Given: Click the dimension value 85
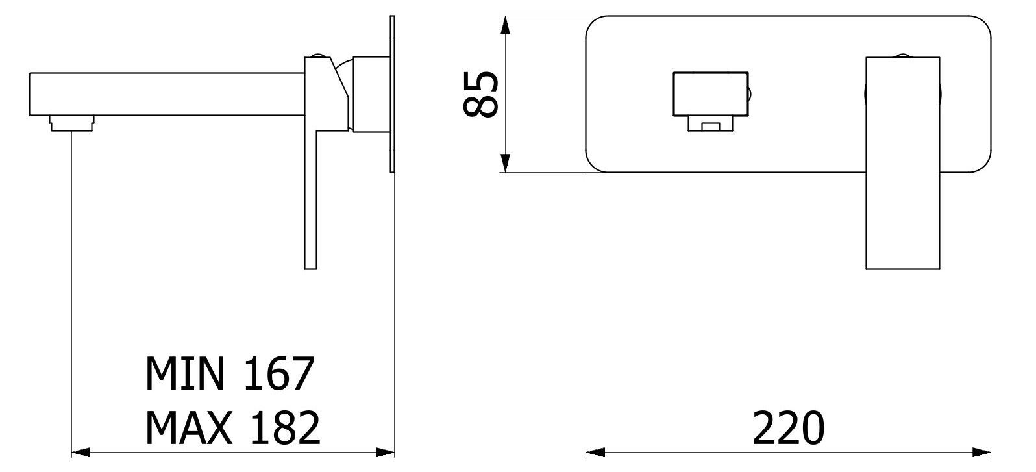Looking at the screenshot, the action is [481, 94].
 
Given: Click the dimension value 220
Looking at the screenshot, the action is [789, 429].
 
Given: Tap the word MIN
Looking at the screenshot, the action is [185, 373].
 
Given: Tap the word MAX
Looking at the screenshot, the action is [189, 428].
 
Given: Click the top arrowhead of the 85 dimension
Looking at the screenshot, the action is [506, 25].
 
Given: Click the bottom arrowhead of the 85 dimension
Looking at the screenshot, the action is [506, 163].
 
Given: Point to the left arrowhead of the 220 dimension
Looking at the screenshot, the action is [596, 452].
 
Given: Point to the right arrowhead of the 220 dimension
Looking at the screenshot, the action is [981, 452].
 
